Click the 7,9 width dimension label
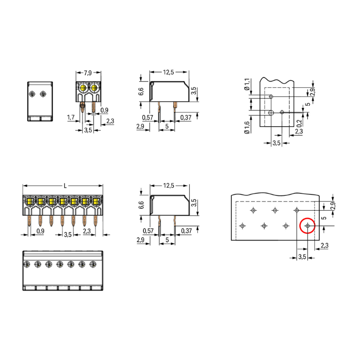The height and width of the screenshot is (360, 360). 88,73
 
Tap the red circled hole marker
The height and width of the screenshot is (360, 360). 307,226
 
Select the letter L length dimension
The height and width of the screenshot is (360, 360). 65,186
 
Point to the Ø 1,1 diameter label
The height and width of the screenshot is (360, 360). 247,84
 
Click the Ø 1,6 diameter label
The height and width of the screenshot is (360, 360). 247,128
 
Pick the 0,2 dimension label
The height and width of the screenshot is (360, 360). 299,123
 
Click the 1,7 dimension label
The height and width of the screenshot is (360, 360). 71,118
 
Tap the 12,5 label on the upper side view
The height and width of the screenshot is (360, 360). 168,72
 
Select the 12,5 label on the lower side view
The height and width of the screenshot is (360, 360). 168,185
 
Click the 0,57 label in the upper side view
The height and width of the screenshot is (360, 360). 148,118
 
